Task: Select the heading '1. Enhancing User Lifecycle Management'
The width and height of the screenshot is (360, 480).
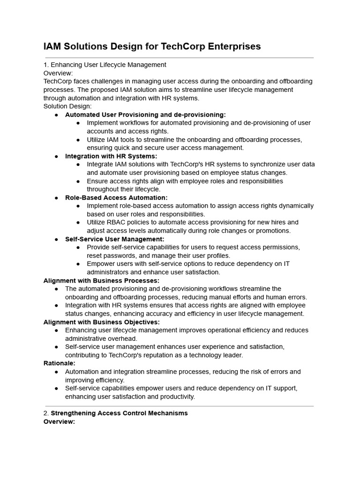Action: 105,65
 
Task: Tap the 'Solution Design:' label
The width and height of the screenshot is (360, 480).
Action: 67,106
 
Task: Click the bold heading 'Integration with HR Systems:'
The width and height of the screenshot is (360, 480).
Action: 111,156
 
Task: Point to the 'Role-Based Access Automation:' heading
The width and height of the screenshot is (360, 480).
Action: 116,198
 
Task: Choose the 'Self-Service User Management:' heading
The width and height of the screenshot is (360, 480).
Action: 114,239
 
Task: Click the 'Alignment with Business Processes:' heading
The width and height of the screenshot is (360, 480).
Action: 101,280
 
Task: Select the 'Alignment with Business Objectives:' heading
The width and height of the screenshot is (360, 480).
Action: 101,322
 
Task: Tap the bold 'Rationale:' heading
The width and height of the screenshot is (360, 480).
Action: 59,363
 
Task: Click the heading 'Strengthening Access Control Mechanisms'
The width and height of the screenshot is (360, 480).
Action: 119,413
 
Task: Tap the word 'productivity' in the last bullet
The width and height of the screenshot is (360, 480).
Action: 176,397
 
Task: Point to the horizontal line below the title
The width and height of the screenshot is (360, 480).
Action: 179,58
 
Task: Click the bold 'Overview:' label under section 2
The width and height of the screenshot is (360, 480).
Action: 59,421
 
